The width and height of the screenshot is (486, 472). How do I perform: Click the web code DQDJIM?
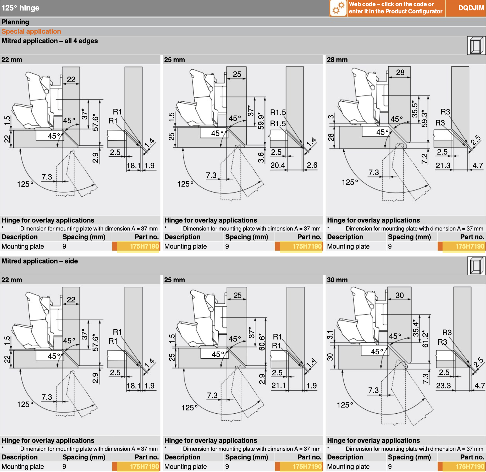[471, 8]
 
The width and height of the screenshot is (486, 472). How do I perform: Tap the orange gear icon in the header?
[338, 8]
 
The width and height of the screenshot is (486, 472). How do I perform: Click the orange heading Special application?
[31, 31]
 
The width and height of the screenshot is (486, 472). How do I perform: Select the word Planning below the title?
[15, 22]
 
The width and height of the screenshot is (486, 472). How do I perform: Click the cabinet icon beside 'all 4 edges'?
[476, 46]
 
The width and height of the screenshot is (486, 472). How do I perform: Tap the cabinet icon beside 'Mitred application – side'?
[476, 266]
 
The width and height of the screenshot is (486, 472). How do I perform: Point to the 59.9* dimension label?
[261, 121]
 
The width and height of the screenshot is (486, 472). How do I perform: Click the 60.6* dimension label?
[262, 342]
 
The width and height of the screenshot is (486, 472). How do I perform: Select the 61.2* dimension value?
[425, 340]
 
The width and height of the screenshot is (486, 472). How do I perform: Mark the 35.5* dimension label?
[415, 109]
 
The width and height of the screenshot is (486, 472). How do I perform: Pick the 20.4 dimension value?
[278, 165]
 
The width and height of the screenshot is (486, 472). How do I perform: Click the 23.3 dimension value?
[443, 386]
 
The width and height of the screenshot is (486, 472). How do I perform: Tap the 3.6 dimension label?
[261, 157]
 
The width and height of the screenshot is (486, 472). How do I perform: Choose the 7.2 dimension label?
[424, 159]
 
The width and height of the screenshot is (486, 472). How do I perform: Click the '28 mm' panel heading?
[337, 60]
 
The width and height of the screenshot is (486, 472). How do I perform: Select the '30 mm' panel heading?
[337, 280]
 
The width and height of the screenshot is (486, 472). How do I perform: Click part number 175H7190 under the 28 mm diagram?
[470, 246]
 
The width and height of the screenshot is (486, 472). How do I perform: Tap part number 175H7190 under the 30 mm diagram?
[470, 466]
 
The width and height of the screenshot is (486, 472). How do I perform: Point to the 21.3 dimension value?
[443, 166]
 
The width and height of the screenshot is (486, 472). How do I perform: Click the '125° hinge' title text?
[20, 8]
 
